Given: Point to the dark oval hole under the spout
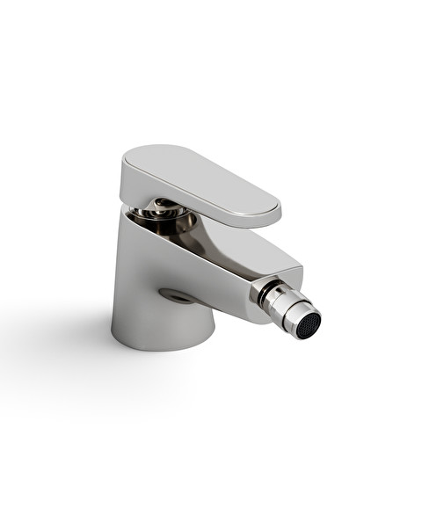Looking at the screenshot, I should point(178,296).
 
